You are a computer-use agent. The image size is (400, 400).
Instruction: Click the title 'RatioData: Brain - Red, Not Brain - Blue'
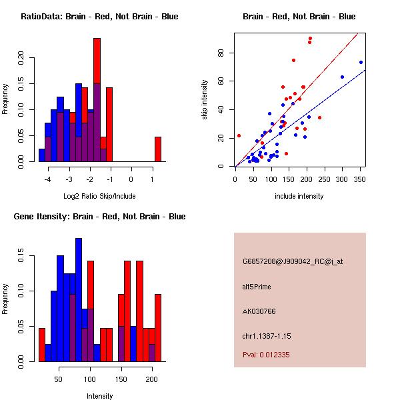point(99,17)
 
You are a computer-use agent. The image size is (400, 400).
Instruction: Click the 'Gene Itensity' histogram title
point(99,217)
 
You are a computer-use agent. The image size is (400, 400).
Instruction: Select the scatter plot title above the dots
point(299,17)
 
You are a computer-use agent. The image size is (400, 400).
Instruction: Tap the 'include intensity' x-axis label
point(299,197)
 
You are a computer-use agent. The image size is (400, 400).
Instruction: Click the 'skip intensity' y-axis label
point(205,100)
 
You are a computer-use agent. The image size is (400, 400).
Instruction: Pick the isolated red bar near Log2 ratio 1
point(158,149)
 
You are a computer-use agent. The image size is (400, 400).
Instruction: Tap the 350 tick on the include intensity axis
point(361,179)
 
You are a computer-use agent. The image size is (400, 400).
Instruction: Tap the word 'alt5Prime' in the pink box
point(257,287)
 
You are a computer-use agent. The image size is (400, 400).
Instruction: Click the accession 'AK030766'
point(259,311)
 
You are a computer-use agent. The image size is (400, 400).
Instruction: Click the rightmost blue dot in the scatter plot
point(361,62)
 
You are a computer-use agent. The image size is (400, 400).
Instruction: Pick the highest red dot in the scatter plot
point(310,39)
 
